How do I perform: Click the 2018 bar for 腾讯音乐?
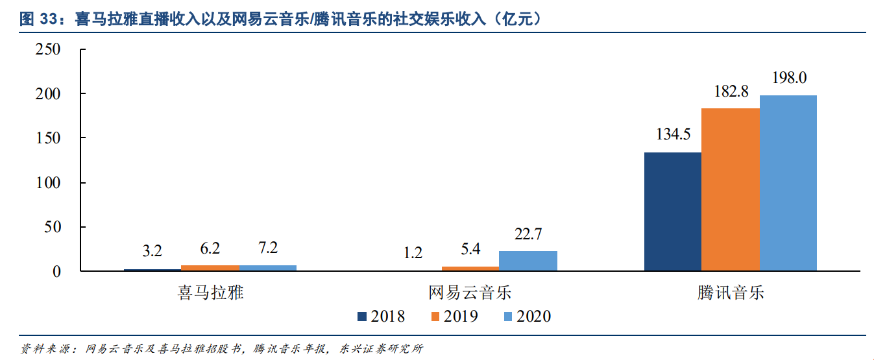click(x=672, y=211)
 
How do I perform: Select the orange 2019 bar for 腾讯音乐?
click(x=730, y=189)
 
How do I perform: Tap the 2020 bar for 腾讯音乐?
click(x=788, y=183)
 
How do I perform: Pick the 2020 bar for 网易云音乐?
click(x=528, y=261)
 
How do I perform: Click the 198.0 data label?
click(x=789, y=78)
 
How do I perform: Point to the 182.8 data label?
click(x=731, y=91)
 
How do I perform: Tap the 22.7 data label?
click(x=528, y=234)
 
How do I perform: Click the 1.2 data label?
click(x=413, y=252)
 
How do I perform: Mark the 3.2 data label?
click(x=152, y=250)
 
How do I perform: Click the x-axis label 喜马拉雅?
click(x=210, y=292)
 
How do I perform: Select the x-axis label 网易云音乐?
click(x=470, y=292)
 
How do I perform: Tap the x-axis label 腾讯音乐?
click(x=731, y=292)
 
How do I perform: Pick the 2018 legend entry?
click(x=381, y=317)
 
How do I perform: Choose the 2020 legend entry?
click(x=526, y=317)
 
